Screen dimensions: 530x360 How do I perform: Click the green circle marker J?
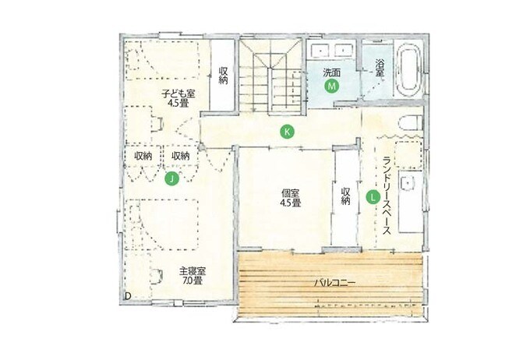171,178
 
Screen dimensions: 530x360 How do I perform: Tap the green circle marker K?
287,131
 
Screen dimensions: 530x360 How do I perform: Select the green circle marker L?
373,196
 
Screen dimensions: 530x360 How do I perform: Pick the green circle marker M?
331,86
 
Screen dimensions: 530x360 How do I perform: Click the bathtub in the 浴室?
408,71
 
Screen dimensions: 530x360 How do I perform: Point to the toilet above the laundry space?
410,122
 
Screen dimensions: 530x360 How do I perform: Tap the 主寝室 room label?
193,271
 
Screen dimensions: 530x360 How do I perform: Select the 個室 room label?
291,194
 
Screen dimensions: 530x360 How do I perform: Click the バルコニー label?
334,283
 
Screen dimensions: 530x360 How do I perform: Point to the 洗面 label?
331,72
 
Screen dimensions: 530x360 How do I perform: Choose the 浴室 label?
380,68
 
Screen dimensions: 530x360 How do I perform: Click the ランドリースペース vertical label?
387,196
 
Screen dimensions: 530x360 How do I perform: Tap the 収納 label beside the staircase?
223,76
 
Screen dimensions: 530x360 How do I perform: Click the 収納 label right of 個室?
345,196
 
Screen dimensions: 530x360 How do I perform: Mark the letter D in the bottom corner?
128,296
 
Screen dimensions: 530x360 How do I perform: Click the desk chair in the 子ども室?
158,124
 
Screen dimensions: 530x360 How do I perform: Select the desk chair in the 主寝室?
157,276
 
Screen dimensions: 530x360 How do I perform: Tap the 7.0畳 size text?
192,281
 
